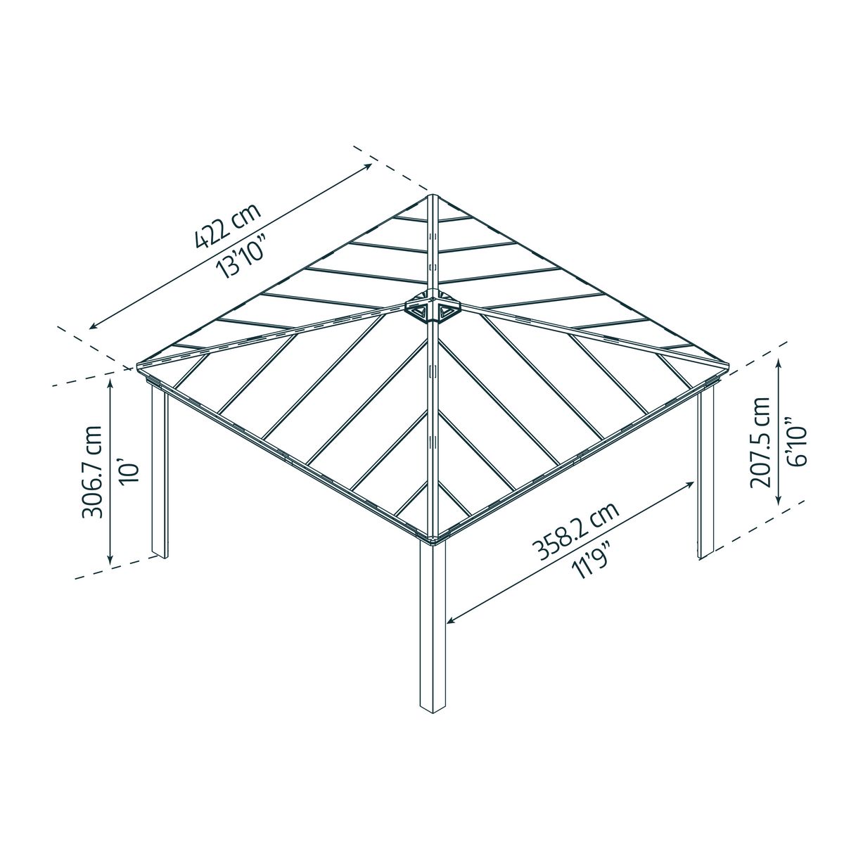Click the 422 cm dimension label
tap(226, 226)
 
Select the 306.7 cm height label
tap(92, 471)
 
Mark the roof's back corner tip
tap(433, 196)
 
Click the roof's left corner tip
tap(136, 366)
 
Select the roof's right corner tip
tap(729, 366)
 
